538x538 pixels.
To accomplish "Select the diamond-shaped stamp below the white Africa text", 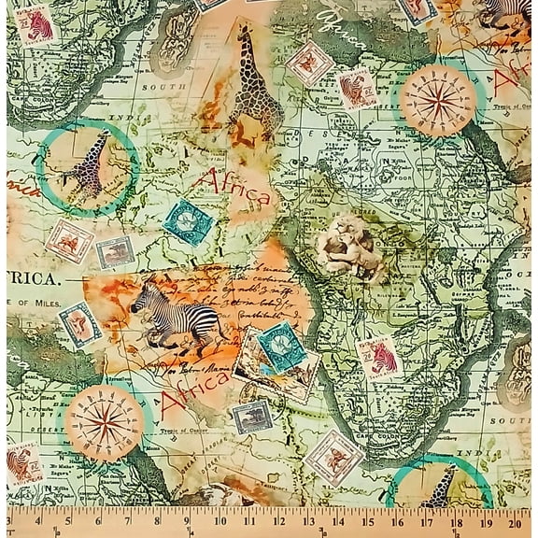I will point(309,63).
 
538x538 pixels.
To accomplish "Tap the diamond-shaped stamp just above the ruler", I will point(333,457).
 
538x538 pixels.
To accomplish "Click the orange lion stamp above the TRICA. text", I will point(70,241).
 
